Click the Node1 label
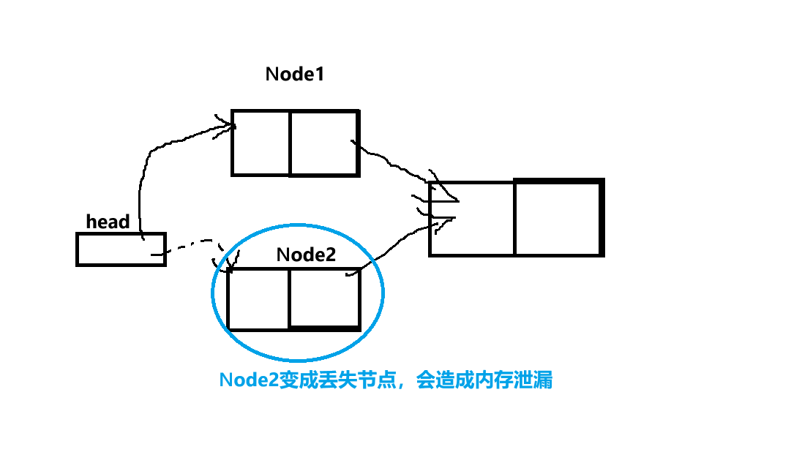(294, 75)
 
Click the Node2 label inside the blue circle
(306, 255)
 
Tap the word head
(108, 222)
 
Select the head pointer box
(121, 249)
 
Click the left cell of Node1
(261, 143)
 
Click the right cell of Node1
(324, 143)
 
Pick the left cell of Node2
(258, 299)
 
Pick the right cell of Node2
(324, 299)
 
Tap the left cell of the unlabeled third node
(472, 218)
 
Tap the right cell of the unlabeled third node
(559, 218)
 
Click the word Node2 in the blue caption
(249, 381)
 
